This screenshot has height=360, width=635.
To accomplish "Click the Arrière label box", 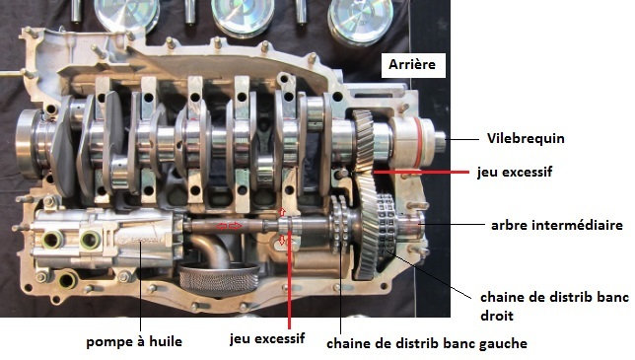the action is tap(413, 65).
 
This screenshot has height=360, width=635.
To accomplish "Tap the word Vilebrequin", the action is tap(526, 138).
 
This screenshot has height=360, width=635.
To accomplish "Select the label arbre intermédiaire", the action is tap(557, 225).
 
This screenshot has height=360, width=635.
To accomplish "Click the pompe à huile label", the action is tap(134, 342).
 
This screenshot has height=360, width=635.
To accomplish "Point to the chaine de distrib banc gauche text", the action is tap(427, 343).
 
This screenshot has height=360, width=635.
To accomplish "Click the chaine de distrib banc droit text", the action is tap(554, 306).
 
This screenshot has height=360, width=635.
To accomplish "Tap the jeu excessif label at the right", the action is tap(515, 172).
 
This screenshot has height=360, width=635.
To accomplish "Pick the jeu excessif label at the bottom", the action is tap(267, 338).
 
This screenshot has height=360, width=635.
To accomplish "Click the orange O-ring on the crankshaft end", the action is tap(417, 142).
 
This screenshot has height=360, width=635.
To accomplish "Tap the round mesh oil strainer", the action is tap(219, 278).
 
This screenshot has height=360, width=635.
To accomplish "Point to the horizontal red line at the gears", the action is tap(421, 172).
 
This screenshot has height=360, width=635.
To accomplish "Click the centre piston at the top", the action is tap(243, 16).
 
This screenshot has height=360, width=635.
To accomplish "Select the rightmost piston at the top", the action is tap(361, 20).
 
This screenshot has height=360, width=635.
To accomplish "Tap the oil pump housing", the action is tap(107, 238).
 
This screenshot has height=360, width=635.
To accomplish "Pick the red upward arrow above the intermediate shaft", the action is tap(282, 211).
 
